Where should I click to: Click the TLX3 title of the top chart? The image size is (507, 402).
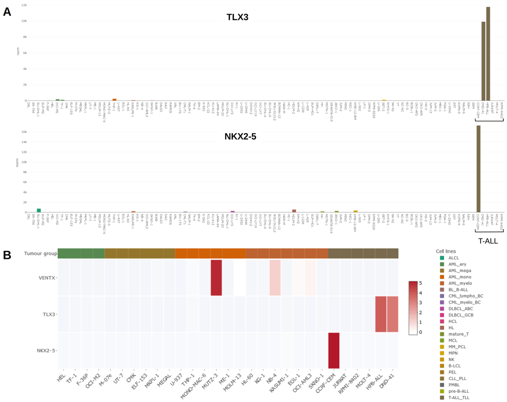pos(237,18)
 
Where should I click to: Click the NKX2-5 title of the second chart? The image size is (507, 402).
pos(241,136)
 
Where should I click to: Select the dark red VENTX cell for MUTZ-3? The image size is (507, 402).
pos(216,278)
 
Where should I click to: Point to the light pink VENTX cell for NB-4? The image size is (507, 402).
pos(275,278)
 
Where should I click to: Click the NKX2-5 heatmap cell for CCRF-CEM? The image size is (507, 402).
pos(334,350)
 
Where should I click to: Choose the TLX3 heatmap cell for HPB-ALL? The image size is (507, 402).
pos(381,314)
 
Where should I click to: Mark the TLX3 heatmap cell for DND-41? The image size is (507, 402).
pos(392,314)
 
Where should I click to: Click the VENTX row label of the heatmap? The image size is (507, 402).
pos(46,278)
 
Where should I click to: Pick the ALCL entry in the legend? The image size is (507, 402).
pos(453,258)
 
